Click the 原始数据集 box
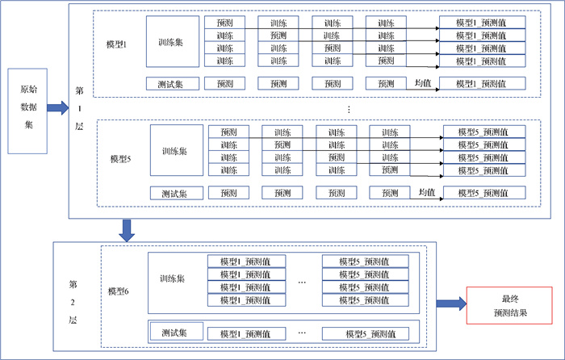pyautogui.click(x=27, y=111)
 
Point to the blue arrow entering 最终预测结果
pyautogui.click(x=451, y=304)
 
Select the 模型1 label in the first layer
pyautogui.click(x=118, y=44)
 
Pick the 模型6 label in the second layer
pyautogui.click(x=119, y=291)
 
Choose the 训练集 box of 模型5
pyautogui.click(x=176, y=150)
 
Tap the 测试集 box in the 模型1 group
pyautogui.click(x=170, y=83)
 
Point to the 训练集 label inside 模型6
pyautogui.click(x=173, y=278)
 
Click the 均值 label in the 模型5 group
pyautogui.click(x=427, y=192)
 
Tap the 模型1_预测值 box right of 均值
pyautogui.click(x=482, y=83)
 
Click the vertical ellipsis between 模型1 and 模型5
pyautogui.click(x=348, y=108)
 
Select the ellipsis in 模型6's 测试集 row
pyautogui.click(x=301, y=332)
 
